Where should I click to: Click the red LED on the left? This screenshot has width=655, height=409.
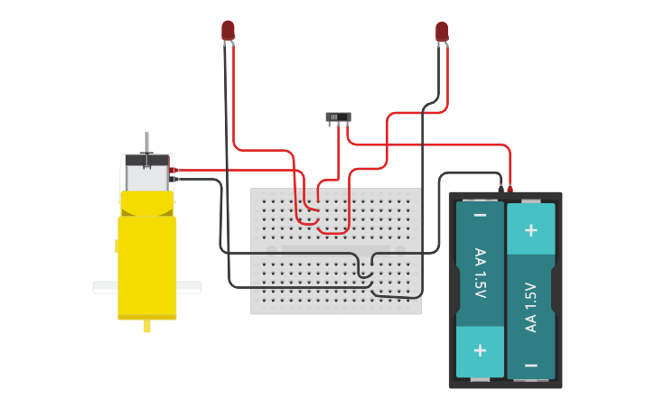click(x=229, y=30)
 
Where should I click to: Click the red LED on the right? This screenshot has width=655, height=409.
click(x=442, y=32)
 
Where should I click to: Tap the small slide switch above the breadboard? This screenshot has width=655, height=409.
click(x=339, y=116)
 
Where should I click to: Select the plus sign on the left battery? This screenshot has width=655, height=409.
click(x=480, y=350)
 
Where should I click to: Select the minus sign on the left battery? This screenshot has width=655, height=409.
click(x=480, y=216)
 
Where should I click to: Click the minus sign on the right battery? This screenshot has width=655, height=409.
click(x=531, y=365)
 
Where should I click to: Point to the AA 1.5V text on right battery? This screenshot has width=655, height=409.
click(x=531, y=307)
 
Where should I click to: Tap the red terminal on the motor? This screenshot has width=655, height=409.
click(x=173, y=170)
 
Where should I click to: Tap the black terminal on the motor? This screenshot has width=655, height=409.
click(x=173, y=179)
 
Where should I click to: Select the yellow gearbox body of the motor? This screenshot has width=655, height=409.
click(x=146, y=262)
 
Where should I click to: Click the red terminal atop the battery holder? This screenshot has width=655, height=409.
click(x=510, y=189)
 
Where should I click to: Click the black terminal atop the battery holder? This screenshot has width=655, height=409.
click(x=501, y=189)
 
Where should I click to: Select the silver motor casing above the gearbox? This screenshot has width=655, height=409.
click(x=146, y=173)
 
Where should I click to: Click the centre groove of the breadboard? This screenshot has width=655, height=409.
click(x=335, y=249)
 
